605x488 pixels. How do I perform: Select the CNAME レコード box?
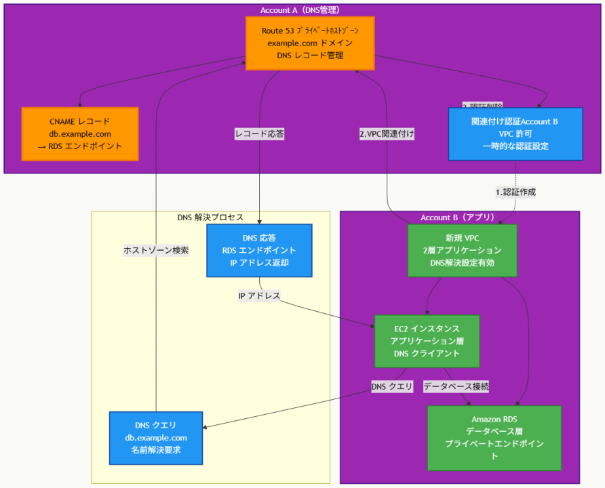pyautogui.click(x=79, y=134)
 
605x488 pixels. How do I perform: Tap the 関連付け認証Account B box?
pyautogui.click(x=515, y=134)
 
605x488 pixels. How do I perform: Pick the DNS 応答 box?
pyautogui.click(x=259, y=251)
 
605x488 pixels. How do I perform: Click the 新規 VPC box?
pyautogui.click(x=461, y=251)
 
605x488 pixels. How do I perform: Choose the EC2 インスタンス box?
pyautogui.click(x=427, y=341)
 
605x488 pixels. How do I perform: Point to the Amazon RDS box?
pyautogui.click(x=494, y=438)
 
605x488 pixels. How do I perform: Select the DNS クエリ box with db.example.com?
pyautogui.click(x=156, y=438)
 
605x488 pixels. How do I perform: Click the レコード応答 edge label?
pyautogui.click(x=259, y=134)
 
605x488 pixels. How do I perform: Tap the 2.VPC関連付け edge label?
pyautogui.click(x=387, y=134)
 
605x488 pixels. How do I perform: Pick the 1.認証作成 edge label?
pyautogui.click(x=515, y=192)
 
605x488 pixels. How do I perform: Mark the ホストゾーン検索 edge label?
pyautogui.click(x=156, y=250)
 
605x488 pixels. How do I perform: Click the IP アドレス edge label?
pyautogui.click(x=259, y=296)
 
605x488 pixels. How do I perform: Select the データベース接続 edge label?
pyautogui.click(x=456, y=386)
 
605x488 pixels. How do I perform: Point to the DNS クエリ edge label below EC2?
pyautogui.click(x=392, y=386)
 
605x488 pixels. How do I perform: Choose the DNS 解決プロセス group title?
pyautogui.click(x=210, y=218)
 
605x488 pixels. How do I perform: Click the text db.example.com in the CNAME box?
pyautogui.click(x=79, y=134)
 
